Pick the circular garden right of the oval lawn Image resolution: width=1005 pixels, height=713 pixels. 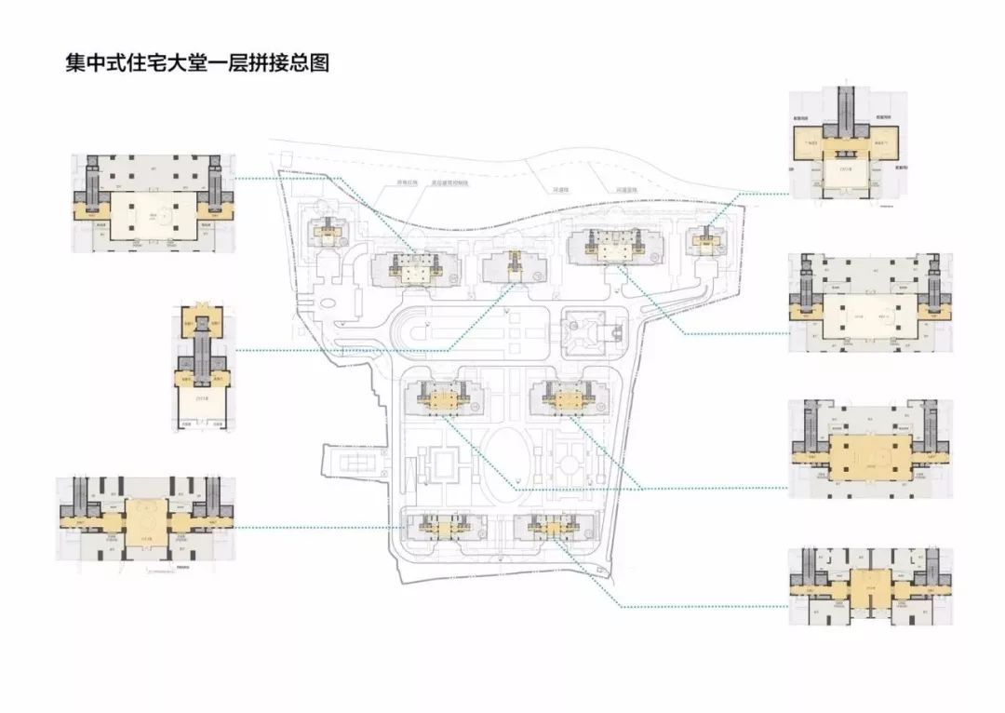[x=569, y=462]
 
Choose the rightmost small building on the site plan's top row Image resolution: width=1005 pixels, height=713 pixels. [x=704, y=241]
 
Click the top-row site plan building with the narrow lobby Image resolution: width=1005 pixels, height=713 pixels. [x=512, y=267]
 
